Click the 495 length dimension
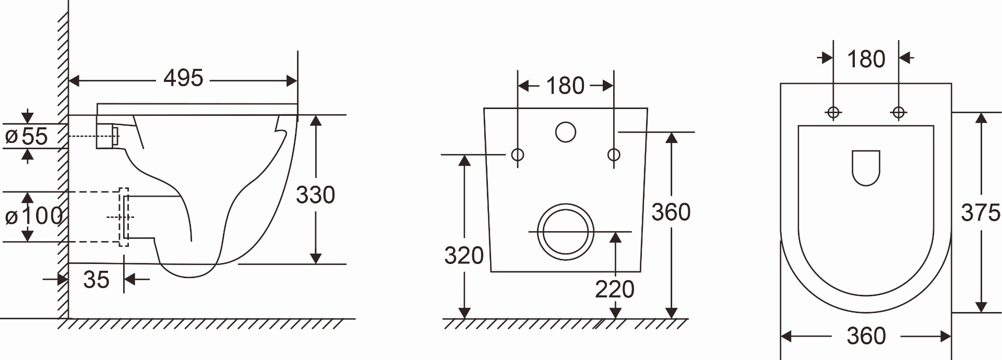point(183,78)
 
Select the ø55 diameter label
point(27,136)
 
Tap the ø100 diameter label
point(34,215)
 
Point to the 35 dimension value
point(96,280)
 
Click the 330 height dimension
point(315,195)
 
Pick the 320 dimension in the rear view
point(464,256)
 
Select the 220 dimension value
point(615,289)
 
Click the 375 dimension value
point(981,213)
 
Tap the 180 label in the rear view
point(565,86)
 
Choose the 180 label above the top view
point(866,59)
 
